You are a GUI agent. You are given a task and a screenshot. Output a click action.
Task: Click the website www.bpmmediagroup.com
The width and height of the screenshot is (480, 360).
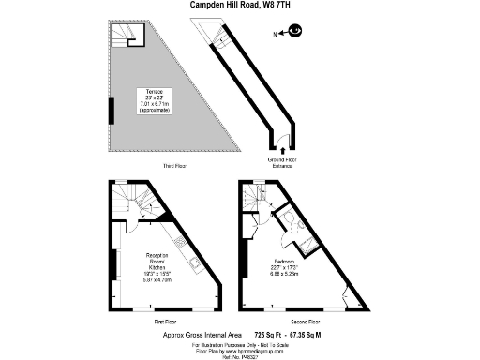tap(255, 349)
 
